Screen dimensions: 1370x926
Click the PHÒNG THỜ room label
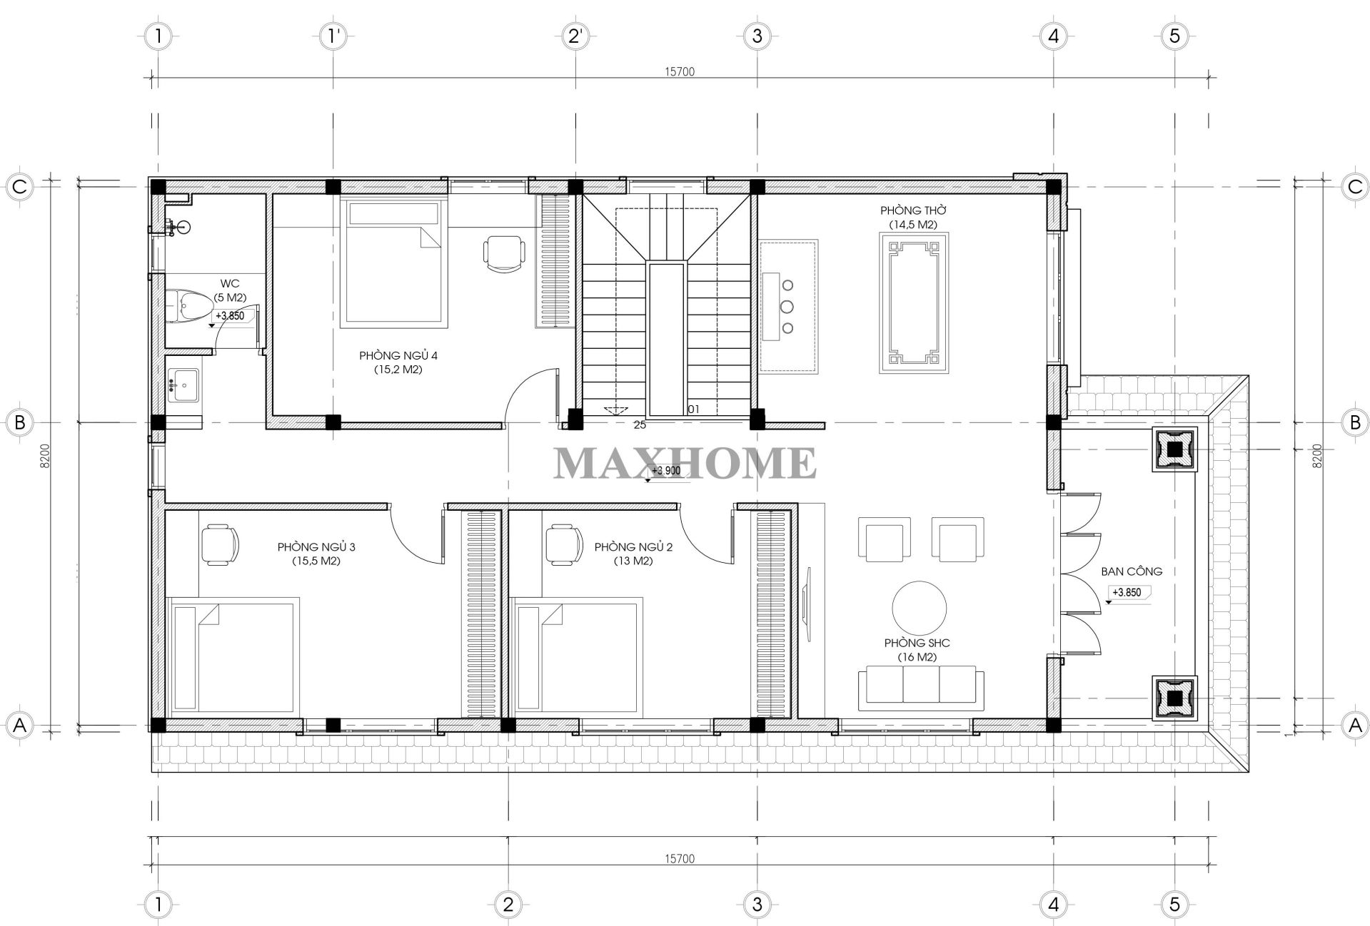pos(913,211)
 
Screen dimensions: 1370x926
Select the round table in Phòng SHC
pos(920,609)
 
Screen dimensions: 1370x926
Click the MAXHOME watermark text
pos(685,462)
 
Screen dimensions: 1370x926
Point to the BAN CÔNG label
pos(1132,571)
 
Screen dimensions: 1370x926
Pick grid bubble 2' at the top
pos(575,36)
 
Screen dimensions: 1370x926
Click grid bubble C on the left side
pos(20,187)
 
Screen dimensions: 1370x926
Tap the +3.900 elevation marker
pos(665,472)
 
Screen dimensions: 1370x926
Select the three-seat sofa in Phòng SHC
pos(921,688)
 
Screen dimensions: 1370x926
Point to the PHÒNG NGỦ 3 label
pos(316,547)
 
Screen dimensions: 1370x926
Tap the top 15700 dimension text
pos(679,71)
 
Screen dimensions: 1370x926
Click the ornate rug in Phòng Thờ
pos(914,303)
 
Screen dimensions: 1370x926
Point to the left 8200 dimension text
pos(45,456)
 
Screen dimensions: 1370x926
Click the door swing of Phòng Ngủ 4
pos(530,395)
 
